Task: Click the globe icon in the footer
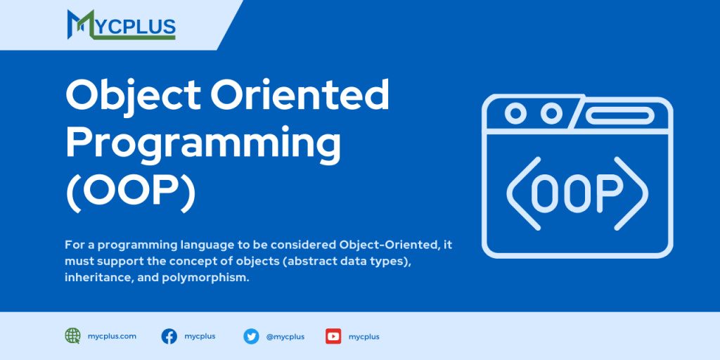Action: (72, 336)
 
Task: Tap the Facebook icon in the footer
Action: (169, 336)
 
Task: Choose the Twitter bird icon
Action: (251, 336)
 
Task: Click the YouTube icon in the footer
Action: (333, 336)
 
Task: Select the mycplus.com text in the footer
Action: (112, 336)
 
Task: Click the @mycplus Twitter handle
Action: (285, 336)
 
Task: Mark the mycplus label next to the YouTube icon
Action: (364, 336)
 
